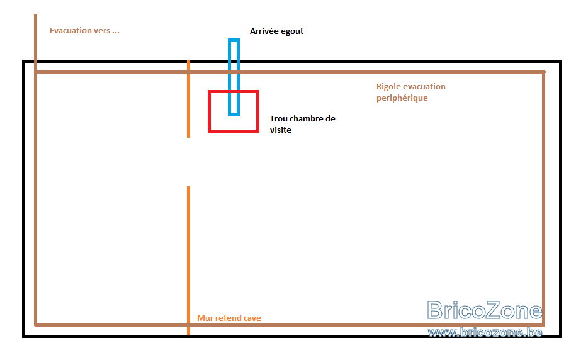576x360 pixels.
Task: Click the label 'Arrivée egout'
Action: point(276,31)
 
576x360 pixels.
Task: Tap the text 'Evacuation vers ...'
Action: point(84,30)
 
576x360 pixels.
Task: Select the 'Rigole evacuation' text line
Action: point(410,87)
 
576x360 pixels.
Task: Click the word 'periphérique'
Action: point(402,98)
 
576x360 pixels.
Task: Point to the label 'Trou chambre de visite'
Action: point(302,124)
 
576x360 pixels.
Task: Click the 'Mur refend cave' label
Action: point(229,318)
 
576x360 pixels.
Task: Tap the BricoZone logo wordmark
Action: point(485,310)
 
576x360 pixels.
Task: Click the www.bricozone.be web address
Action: point(485,332)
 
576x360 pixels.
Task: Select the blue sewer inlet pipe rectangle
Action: point(234,77)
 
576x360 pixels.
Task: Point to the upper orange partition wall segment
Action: point(188,99)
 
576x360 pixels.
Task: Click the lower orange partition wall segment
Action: point(188,261)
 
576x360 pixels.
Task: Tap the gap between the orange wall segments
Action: point(188,162)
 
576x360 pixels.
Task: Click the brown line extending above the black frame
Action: point(36,38)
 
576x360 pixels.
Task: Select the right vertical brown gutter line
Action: point(544,198)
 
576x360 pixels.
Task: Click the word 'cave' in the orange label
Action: point(252,318)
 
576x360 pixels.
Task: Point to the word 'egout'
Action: point(292,32)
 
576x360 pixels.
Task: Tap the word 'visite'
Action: point(281,130)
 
